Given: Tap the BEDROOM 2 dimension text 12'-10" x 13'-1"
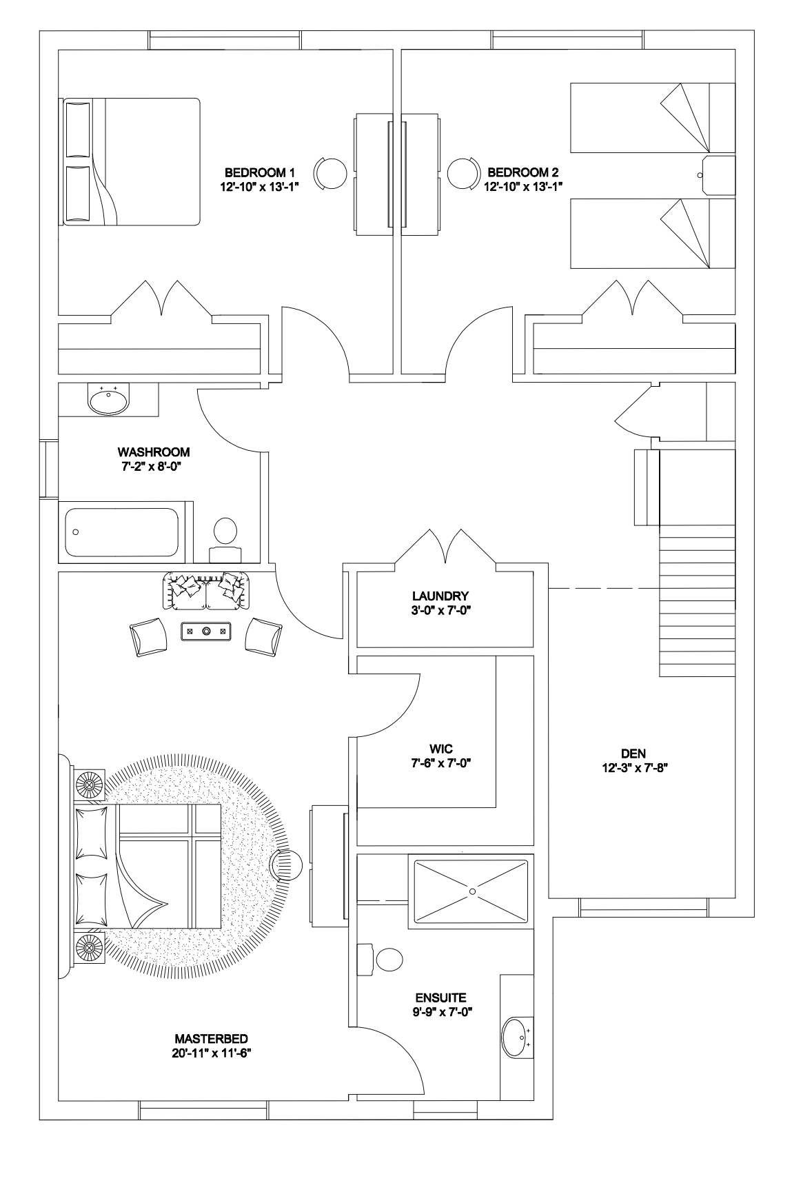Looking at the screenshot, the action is (523, 186).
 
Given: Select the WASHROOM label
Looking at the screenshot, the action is (154, 452).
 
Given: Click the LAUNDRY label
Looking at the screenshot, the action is (440, 596).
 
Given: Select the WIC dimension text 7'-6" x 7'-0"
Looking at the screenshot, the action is (440, 763).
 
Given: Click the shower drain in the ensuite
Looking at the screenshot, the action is (472, 891).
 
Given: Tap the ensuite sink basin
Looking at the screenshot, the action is (515, 1037).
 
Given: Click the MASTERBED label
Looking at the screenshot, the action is (211, 1039).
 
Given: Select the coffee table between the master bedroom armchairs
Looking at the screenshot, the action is (205, 630).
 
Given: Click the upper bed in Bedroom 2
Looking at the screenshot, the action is (652, 118).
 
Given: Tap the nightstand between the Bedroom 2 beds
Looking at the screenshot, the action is (718, 175).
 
